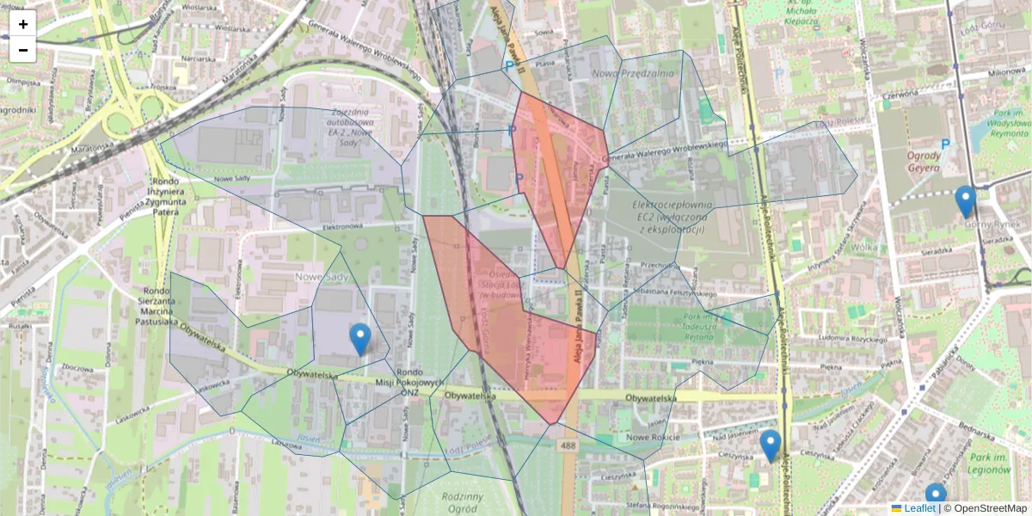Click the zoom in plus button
click(23, 24)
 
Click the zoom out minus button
click(23, 50)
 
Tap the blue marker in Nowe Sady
click(361, 339)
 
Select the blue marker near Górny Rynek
click(966, 201)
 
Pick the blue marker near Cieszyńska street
click(771, 445)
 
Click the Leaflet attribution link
click(918, 508)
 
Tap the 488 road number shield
click(567, 445)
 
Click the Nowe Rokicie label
click(654, 438)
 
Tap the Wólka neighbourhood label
click(863, 247)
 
